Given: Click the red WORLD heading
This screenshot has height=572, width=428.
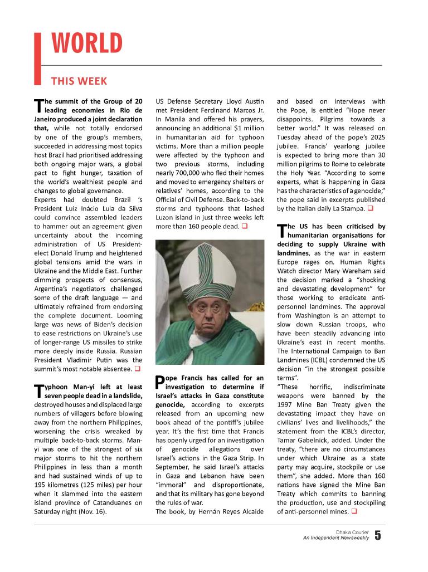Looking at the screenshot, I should (x=87, y=44).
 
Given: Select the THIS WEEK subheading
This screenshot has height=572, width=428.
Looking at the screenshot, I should (x=79, y=81).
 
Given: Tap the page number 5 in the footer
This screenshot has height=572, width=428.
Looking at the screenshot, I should (x=378, y=536).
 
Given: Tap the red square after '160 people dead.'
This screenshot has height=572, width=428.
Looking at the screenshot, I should (x=244, y=227).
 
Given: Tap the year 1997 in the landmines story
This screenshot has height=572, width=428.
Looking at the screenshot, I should (x=287, y=404).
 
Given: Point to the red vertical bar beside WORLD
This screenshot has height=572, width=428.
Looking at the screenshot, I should (x=38, y=58).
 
